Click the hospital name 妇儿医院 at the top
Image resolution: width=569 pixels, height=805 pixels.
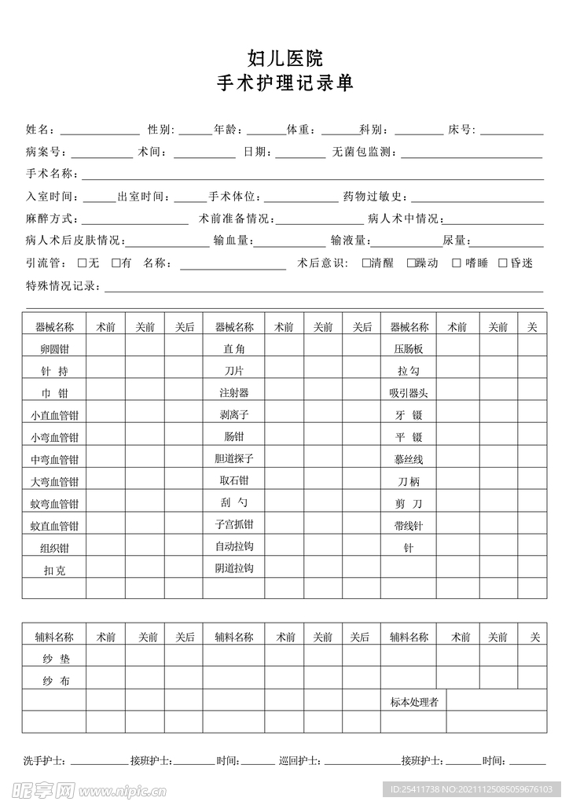click(x=284, y=58)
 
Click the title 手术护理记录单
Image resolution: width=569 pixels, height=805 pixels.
click(x=284, y=83)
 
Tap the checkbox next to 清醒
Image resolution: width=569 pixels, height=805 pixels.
click(x=366, y=263)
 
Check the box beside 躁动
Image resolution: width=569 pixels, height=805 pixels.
click(x=411, y=263)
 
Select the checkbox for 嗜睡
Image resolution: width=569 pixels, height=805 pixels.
click(x=457, y=263)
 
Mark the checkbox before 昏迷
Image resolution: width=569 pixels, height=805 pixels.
click(x=503, y=263)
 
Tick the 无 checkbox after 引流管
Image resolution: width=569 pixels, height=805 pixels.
click(x=83, y=263)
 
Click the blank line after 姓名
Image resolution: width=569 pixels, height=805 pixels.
click(x=100, y=130)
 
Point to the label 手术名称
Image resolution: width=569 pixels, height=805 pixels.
click(x=51, y=174)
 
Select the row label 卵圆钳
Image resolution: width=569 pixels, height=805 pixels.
click(x=54, y=348)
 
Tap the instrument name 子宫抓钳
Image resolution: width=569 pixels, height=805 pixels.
click(x=234, y=524)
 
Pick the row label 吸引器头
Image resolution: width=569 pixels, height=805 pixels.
click(x=409, y=392)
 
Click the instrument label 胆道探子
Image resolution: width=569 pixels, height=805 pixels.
click(x=234, y=458)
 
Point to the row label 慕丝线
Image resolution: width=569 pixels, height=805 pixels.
click(x=409, y=459)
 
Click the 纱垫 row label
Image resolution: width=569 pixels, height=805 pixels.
click(x=56, y=659)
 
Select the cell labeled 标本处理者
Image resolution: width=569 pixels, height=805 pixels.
click(x=414, y=702)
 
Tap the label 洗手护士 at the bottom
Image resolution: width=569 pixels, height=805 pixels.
click(x=44, y=761)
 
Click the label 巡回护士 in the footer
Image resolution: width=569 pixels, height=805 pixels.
click(x=299, y=761)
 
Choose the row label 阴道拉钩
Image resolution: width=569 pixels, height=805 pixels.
click(x=234, y=568)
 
